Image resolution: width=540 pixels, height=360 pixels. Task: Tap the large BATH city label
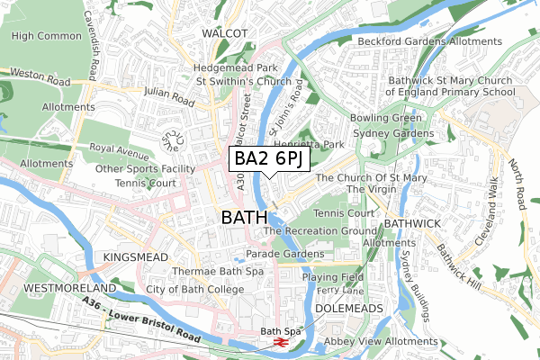click(244, 217)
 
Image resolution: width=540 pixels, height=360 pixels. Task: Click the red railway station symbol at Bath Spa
click(280, 343)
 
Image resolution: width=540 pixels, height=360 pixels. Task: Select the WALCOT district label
click(224, 32)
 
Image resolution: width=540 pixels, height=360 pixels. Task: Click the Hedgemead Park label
click(235, 67)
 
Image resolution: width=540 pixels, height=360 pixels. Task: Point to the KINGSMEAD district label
click(136, 257)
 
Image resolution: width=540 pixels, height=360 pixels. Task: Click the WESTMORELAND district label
click(57, 287)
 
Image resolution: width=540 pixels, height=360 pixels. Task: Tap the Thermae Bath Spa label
click(191, 271)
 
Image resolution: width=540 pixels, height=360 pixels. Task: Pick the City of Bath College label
click(195, 289)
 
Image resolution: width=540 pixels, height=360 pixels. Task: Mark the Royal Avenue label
click(119, 148)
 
